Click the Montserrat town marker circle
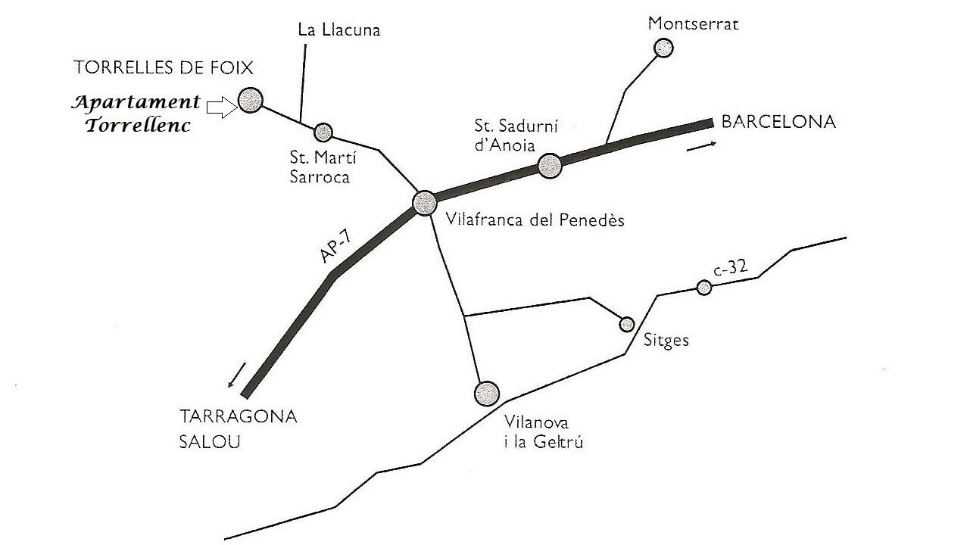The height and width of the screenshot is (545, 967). [663, 48]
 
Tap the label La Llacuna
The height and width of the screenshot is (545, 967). [339, 30]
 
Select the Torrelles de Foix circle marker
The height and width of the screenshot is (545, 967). [251, 100]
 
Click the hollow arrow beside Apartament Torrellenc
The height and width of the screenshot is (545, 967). [222, 107]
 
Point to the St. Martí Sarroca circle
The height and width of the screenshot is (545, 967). [323, 132]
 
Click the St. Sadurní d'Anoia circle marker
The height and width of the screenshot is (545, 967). [550, 166]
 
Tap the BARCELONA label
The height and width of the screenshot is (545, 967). [778, 122]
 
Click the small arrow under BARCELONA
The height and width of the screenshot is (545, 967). [701, 147]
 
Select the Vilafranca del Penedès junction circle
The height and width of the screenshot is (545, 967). [424, 203]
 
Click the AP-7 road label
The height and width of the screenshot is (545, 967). [337, 248]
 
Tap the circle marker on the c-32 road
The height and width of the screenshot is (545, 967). [704, 288]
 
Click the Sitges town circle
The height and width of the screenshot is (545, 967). [627, 324]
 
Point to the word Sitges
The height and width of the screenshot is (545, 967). [666, 341]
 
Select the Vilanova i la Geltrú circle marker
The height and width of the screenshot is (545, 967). [486, 394]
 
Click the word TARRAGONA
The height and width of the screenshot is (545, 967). [239, 417]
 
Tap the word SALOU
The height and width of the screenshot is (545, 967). [210, 442]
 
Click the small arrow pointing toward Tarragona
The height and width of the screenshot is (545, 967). [236, 375]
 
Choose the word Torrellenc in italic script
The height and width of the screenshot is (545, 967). [138, 126]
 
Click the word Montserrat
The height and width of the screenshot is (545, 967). [693, 23]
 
